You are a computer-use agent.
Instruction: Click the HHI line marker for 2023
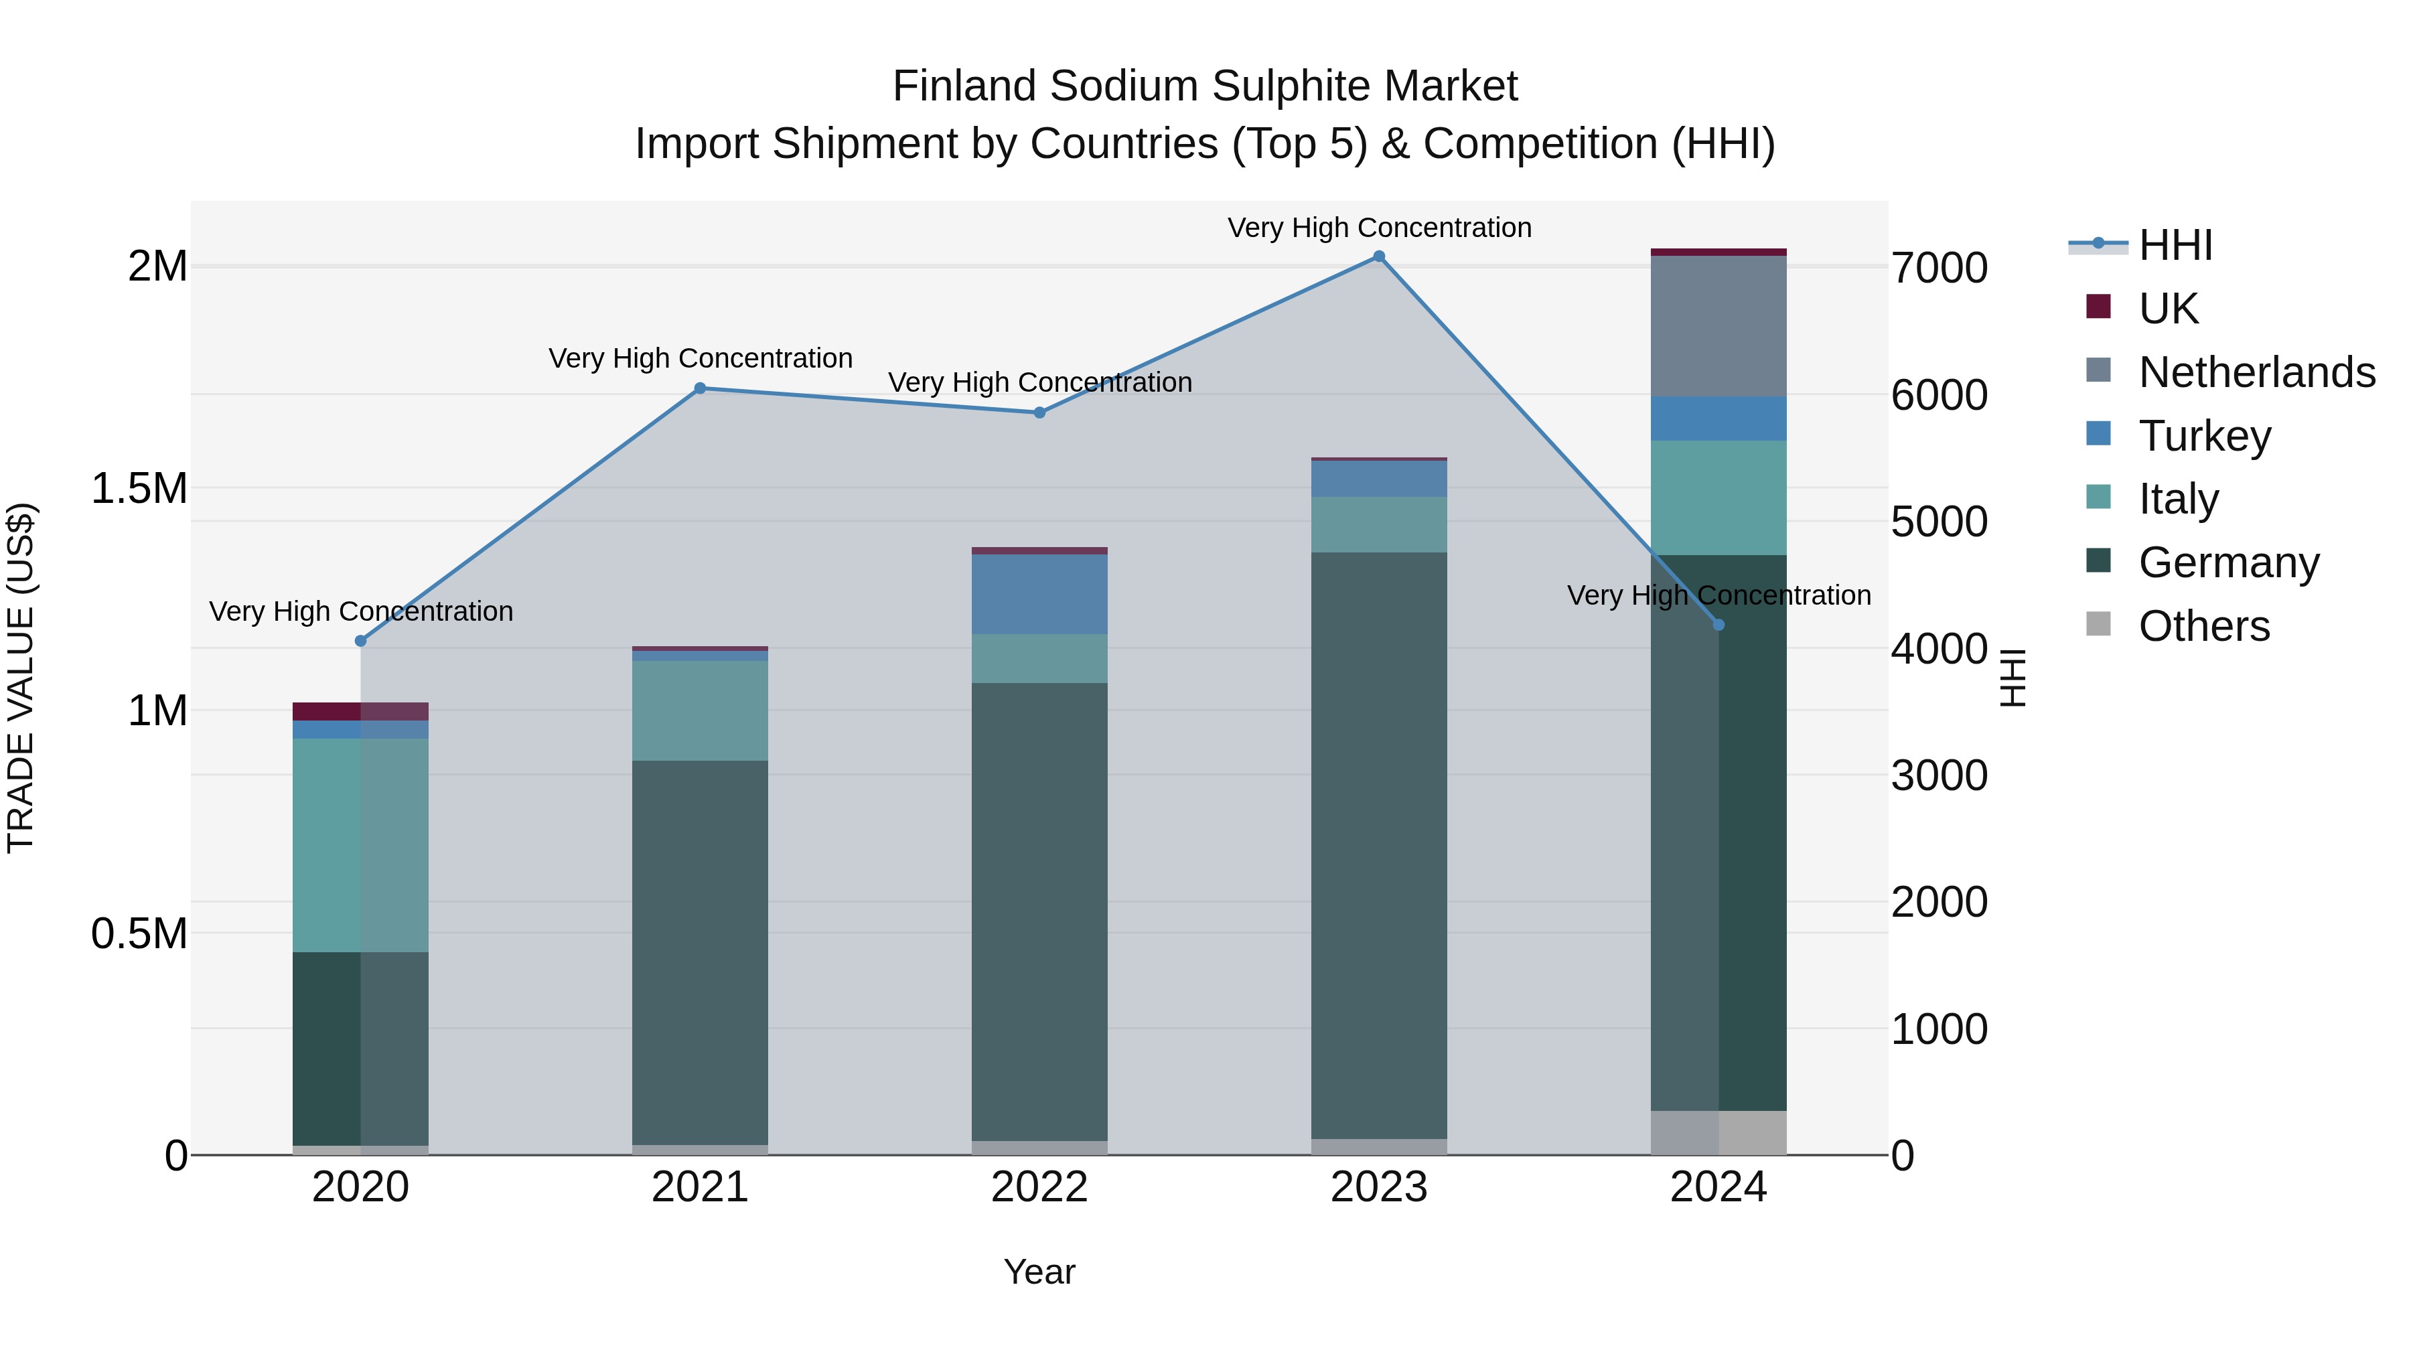pyautogui.click(x=1379, y=256)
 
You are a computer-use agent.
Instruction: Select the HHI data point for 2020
pyautogui.click(x=360, y=641)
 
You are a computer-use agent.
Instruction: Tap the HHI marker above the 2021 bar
pyautogui.click(x=700, y=388)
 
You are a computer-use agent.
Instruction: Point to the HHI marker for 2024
pyautogui.click(x=1719, y=625)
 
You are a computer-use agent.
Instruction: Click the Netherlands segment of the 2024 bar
pyautogui.click(x=1719, y=325)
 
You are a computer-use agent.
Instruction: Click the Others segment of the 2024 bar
pyautogui.click(x=1719, y=1132)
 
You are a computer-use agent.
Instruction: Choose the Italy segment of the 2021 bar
pyautogui.click(x=700, y=710)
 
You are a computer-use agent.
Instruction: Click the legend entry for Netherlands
pyautogui.click(x=2256, y=372)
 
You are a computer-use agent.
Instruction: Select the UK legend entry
pyautogui.click(x=2168, y=309)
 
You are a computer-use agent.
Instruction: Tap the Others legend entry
pyautogui.click(x=2203, y=626)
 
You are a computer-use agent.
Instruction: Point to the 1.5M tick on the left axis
pyautogui.click(x=139, y=489)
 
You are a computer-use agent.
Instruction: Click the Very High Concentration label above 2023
pyautogui.click(x=1379, y=228)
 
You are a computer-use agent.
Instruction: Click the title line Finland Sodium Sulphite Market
pyautogui.click(x=1205, y=86)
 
